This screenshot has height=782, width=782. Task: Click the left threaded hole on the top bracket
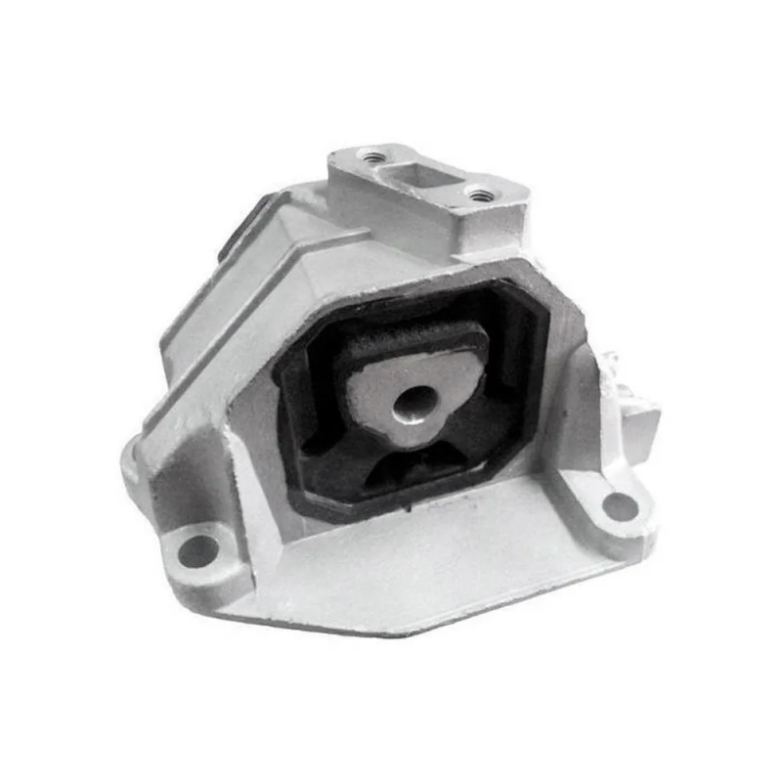pos(371,155)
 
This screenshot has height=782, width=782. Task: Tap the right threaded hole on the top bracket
pos(479,195)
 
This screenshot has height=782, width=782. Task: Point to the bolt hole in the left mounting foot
pos(199,549)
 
